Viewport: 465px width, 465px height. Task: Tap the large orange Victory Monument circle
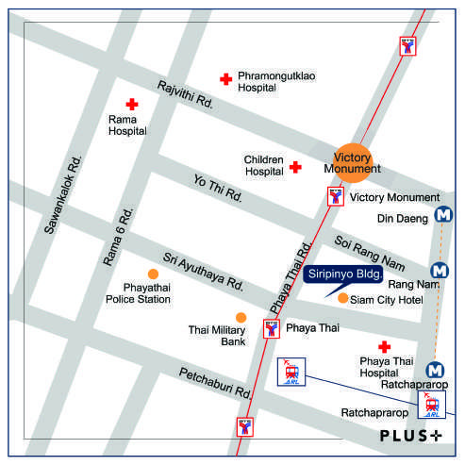[354, 162]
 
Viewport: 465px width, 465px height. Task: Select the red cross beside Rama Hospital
[132, 105]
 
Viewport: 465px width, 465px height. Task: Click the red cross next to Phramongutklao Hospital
[225, 80]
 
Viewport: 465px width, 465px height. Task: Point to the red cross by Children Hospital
[295, 167]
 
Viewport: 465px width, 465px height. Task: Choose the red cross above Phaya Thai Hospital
[384, 347]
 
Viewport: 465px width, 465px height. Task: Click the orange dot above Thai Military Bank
[241, 317]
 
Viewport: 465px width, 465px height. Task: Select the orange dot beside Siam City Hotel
[341, 298]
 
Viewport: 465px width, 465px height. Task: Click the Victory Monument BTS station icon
[334, 196]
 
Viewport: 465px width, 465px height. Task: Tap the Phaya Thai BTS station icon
[272, 329]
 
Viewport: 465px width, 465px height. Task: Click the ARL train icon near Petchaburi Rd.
[291, 371]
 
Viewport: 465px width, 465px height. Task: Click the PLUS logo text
[410, 436]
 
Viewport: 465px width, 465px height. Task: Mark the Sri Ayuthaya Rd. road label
[203, 271]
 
